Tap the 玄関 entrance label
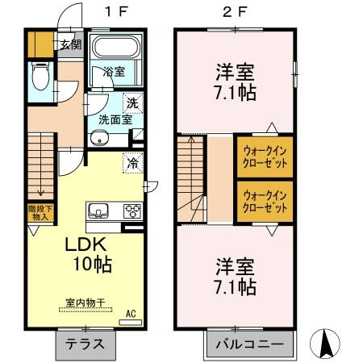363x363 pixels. pos(70,44)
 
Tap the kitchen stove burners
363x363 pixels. pos(131,211)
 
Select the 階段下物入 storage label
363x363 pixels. pos(39,215)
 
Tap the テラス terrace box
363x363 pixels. pos(84,343)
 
